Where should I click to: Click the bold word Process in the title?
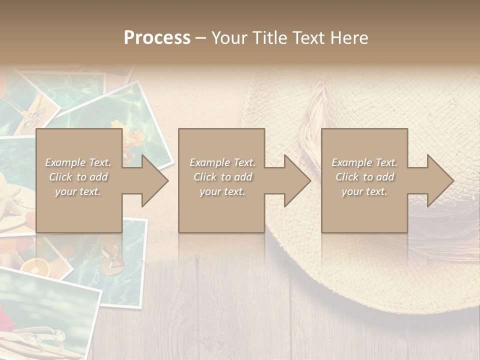point(157,38)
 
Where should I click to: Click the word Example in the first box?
point(65,162)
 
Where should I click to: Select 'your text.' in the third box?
point(364,191)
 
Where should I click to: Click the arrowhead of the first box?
point(153,180)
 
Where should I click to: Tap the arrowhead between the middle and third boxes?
point(295,180)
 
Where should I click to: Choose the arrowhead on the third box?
point(438,180)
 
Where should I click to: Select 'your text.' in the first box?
point(77,191)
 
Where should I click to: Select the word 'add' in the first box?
point(98,177)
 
